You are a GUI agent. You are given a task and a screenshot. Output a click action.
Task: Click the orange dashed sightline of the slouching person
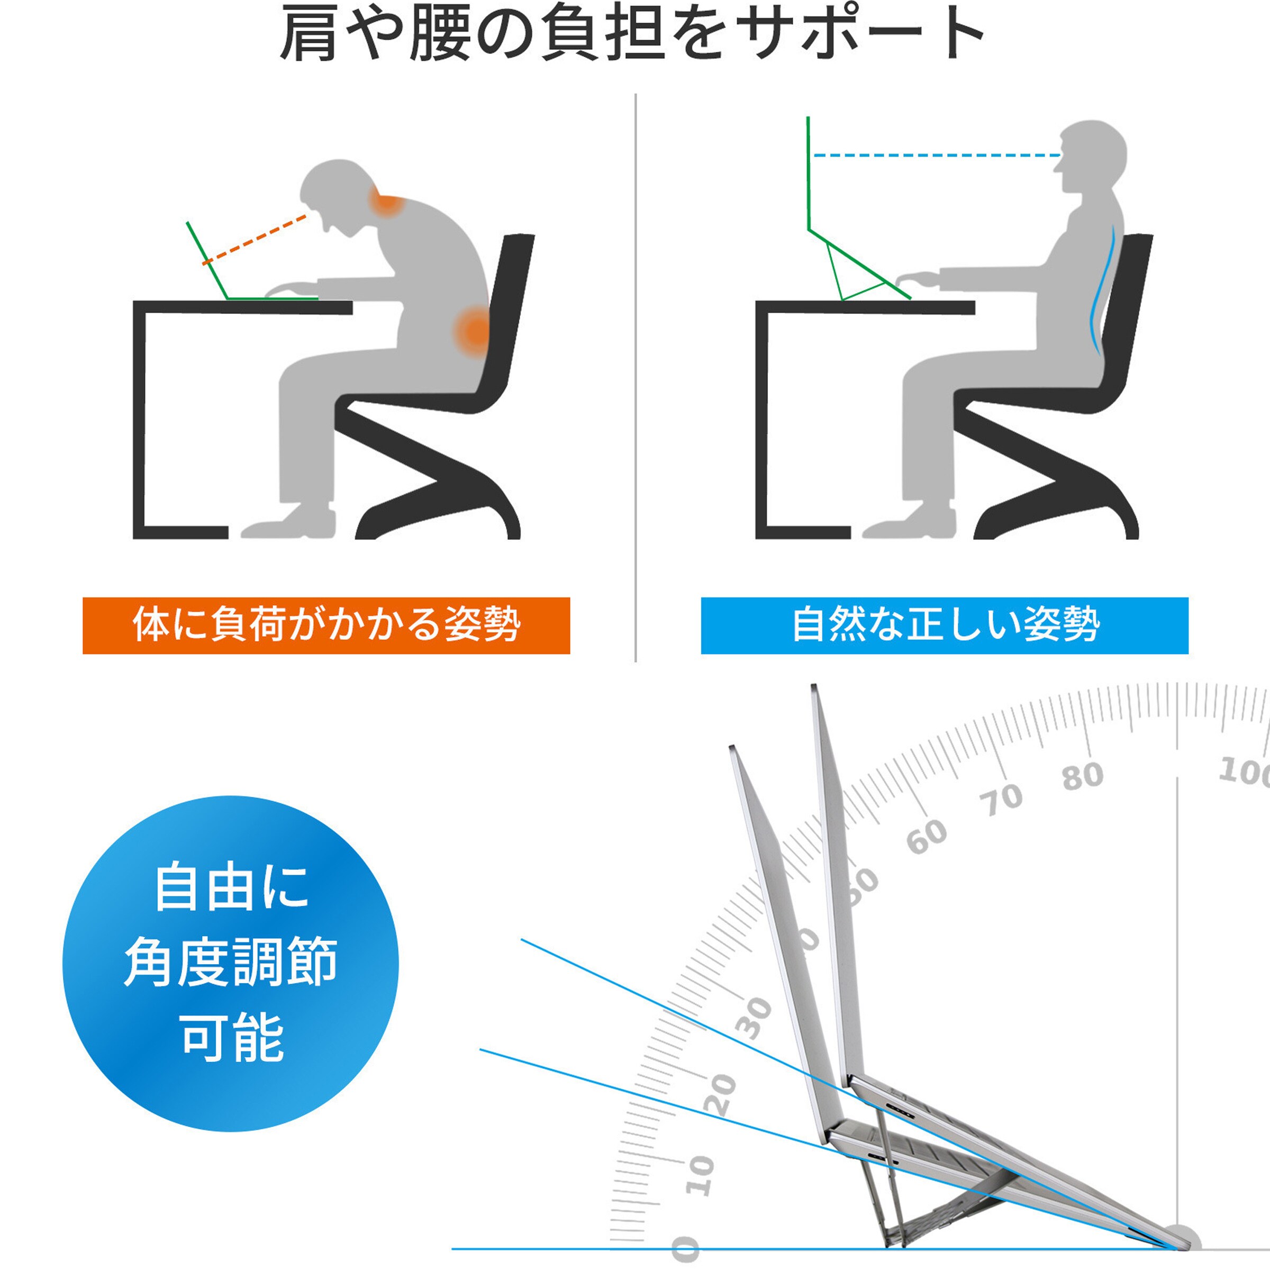255,239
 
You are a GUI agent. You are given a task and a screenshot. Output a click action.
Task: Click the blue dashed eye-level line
937,156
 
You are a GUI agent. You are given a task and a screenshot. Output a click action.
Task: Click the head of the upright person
1091,158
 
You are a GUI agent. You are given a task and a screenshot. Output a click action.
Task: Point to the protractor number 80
1083,776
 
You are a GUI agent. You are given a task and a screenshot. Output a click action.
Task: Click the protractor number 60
927,836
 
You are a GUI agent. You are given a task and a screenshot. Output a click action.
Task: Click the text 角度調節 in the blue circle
231,961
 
